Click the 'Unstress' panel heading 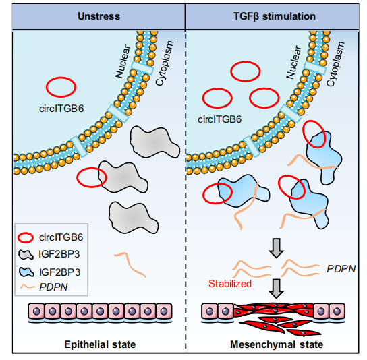[x=98, y=16]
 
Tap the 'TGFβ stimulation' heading [x=275, y=16]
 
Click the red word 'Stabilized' [x=230, y=284]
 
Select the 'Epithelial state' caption [x=100, y=344]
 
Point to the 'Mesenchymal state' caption [x=277, y=344]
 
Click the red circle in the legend [x=26, y=238]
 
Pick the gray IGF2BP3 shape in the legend [x=26, y=255]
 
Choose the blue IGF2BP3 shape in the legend [x=26, y=272]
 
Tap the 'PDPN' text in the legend [x=53, y=287]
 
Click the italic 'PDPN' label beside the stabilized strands [x=341, y=269]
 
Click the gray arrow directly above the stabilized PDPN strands [x=277, y=248]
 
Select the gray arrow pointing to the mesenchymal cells [x=277, y=289]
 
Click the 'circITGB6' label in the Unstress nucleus [x=61, y=109]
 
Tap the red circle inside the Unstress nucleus [x=61, y=78]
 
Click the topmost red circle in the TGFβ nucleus [x=246, y=62]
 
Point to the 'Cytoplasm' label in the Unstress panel [x=165, y=63]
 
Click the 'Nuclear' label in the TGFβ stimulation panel [x=293, y=62]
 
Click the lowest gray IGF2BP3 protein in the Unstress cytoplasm [x=133, y=218]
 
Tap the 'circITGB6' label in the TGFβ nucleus [x=219, y=119]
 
